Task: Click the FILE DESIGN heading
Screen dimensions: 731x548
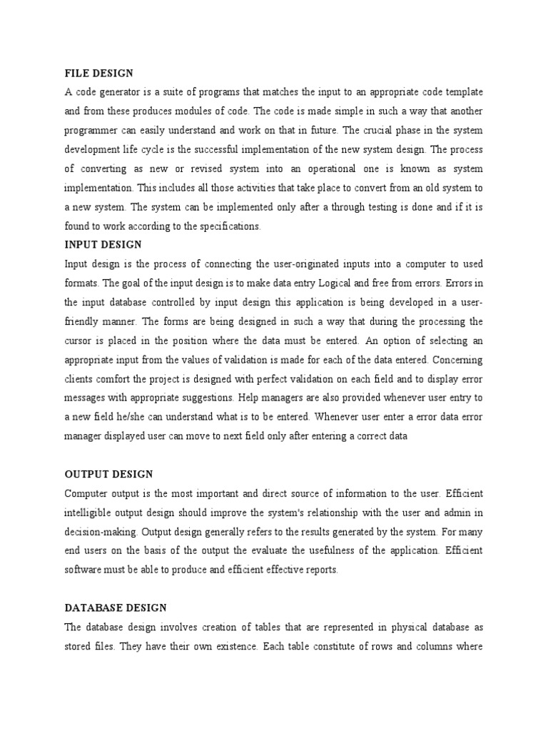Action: pyautogui.click(x=99, y=73)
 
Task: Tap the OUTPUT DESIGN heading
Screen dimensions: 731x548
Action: pyautogui.click(x=108, y=474)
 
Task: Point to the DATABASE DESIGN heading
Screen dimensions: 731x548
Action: pyautogui.click(x=116, y=608)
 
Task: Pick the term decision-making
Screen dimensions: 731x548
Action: pyautogui.click(x=100, y=532)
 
